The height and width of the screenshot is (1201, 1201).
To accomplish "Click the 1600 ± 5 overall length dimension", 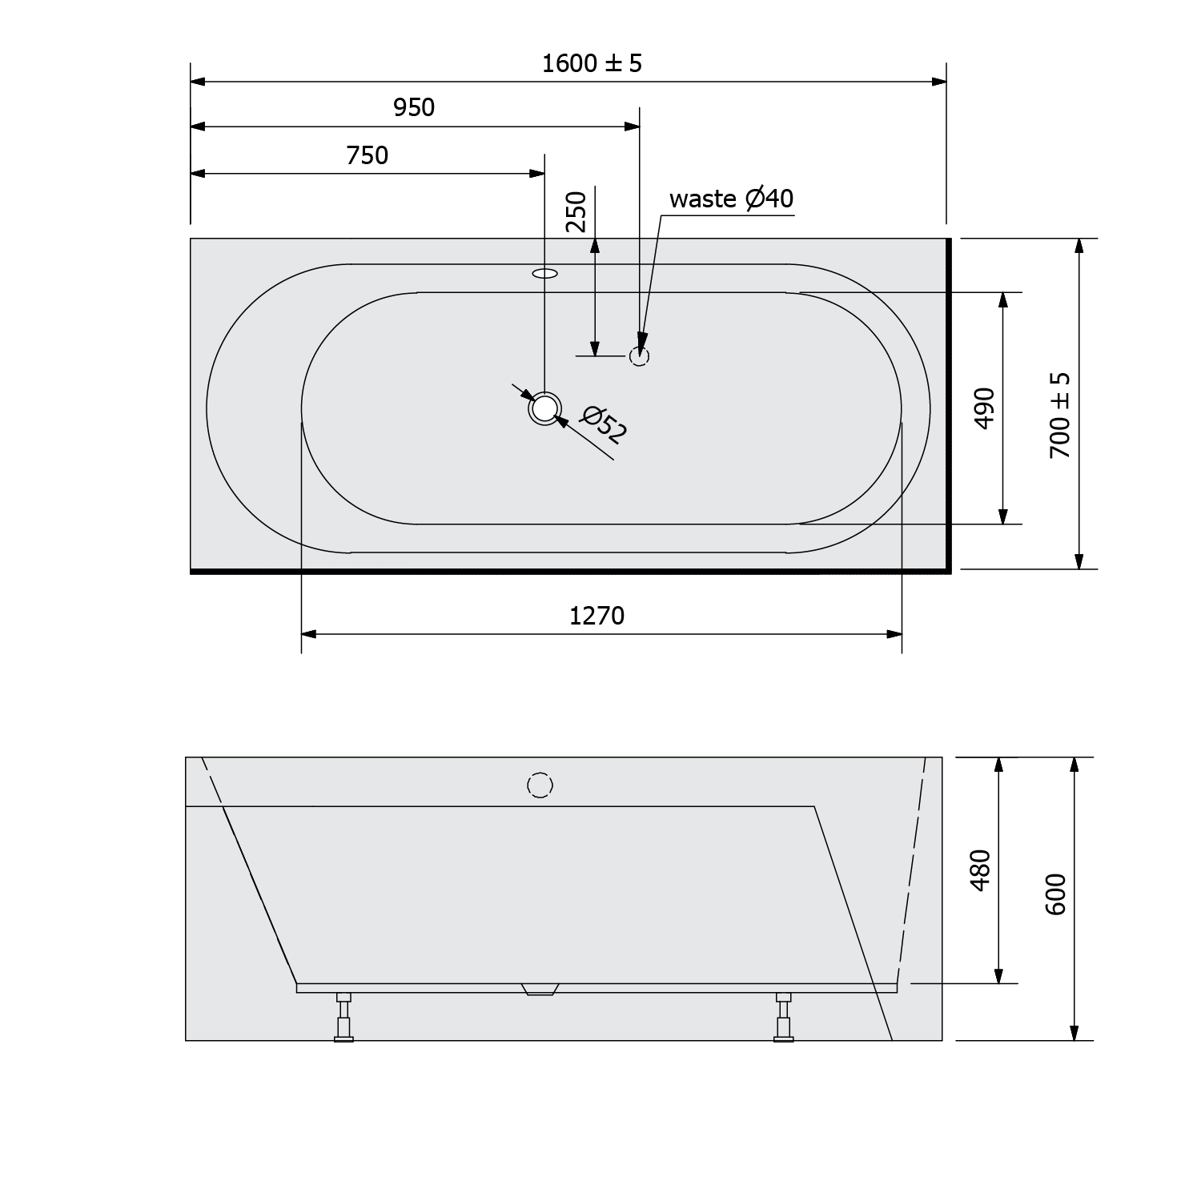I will (x=592, y=63).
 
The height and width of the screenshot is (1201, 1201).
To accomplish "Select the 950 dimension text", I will (x=414, y=107).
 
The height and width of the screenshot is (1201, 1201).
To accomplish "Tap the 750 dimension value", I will (x=368, y=155).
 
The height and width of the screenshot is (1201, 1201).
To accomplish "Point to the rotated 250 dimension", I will (x=576, y=211).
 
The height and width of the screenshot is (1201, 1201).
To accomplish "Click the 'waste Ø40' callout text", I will (x=731, y=198).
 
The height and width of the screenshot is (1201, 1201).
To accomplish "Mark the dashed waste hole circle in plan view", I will (x=638, y=355).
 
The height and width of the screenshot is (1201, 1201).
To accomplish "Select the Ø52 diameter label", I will (x=605, y=424).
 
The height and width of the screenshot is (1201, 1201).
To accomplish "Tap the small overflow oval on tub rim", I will (x=544, y=274).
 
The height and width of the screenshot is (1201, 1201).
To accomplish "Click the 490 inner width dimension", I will (x=985, y=408).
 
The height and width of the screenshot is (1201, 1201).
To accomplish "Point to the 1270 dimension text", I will (x=596, y=616).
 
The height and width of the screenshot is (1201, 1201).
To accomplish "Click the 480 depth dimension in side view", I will (x=980, y=869).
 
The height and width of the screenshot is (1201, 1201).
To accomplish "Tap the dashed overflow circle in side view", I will (x=540, y=785).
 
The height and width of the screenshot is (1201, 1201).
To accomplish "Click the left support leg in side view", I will (x=343, y=1017).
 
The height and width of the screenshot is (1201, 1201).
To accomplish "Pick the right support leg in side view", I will (x=783, y=1017).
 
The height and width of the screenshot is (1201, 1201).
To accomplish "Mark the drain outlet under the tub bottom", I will (x=540, y=990).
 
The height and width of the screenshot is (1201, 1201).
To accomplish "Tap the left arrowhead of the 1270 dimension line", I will (x=309, y=634).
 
